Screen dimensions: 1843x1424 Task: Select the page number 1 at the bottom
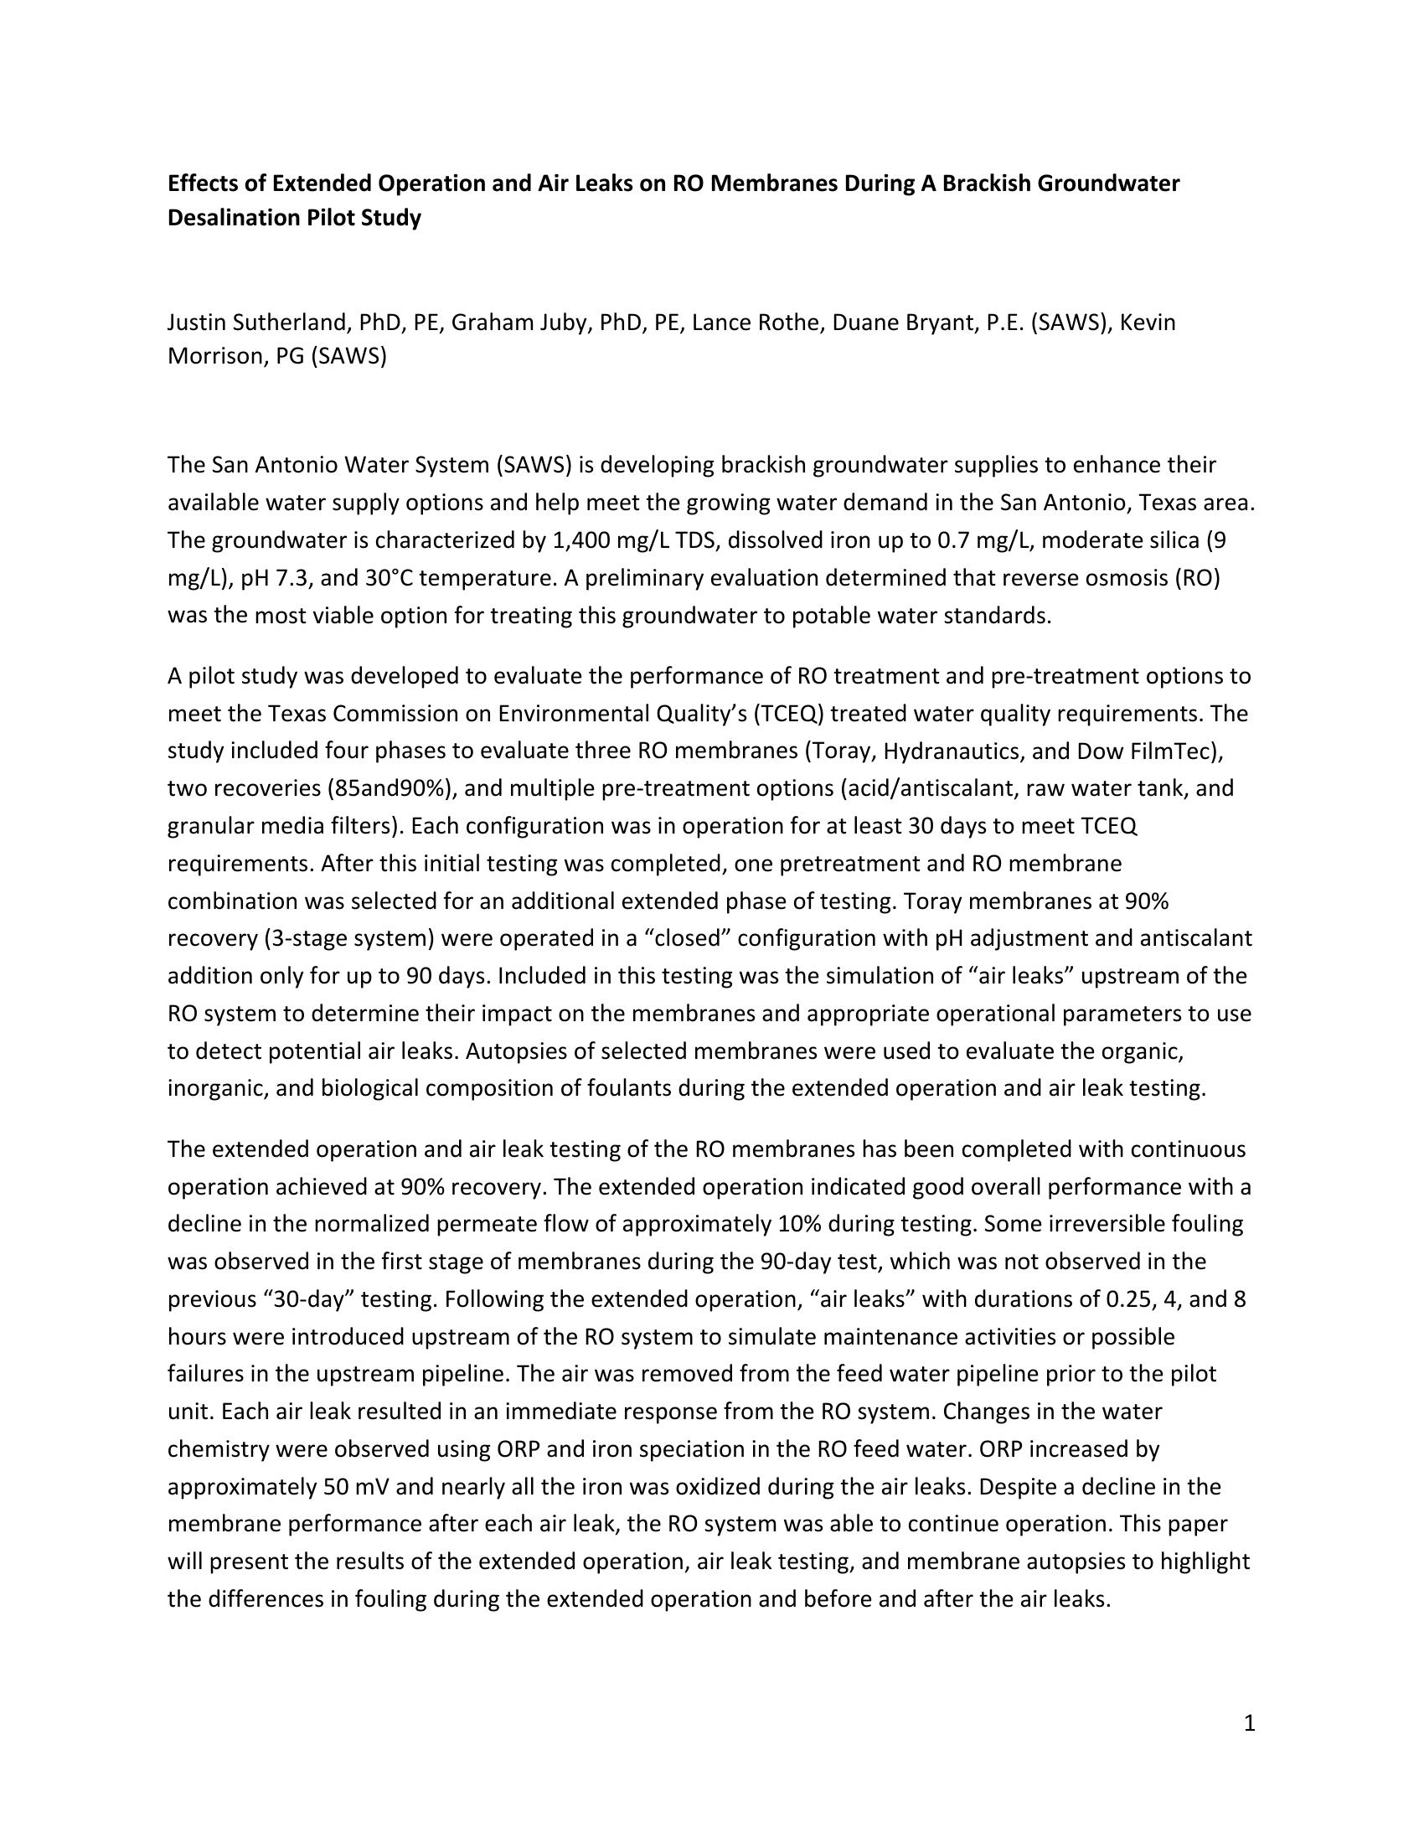click(x=1250, y=1724)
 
